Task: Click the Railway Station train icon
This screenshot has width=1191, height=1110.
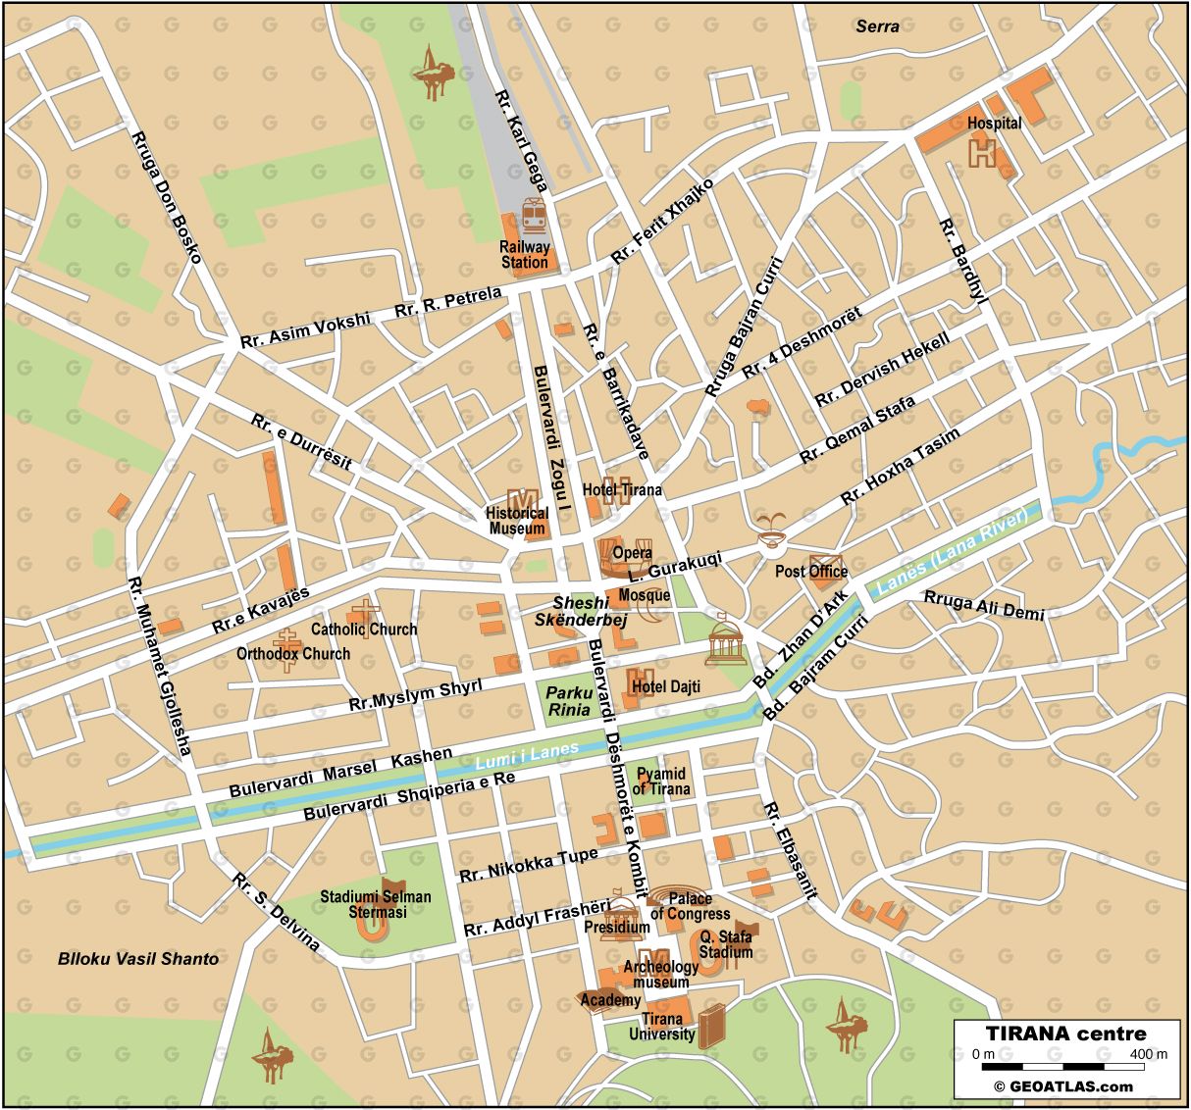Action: point(534,213)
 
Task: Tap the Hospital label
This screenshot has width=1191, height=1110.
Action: point(994,124)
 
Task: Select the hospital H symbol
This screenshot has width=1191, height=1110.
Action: point(982,152)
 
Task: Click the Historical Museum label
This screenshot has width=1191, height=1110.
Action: point(517,521)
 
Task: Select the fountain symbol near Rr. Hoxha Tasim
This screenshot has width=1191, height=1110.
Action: point(770,529)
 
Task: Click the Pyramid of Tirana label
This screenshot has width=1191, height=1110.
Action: point(660,782)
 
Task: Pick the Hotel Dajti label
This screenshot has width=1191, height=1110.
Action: point(665,686)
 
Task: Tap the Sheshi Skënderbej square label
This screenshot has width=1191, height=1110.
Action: point(582,611)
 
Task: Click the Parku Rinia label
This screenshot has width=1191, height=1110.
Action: point(569,701)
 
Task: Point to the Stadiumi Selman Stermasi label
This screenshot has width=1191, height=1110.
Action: point(376,904)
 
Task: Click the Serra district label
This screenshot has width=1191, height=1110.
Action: point(877,26)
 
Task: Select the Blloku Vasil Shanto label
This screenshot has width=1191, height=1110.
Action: point(138,958)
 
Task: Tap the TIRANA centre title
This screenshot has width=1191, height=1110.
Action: point(1065,1034)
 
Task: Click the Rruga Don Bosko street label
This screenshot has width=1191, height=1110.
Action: point(166,196)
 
